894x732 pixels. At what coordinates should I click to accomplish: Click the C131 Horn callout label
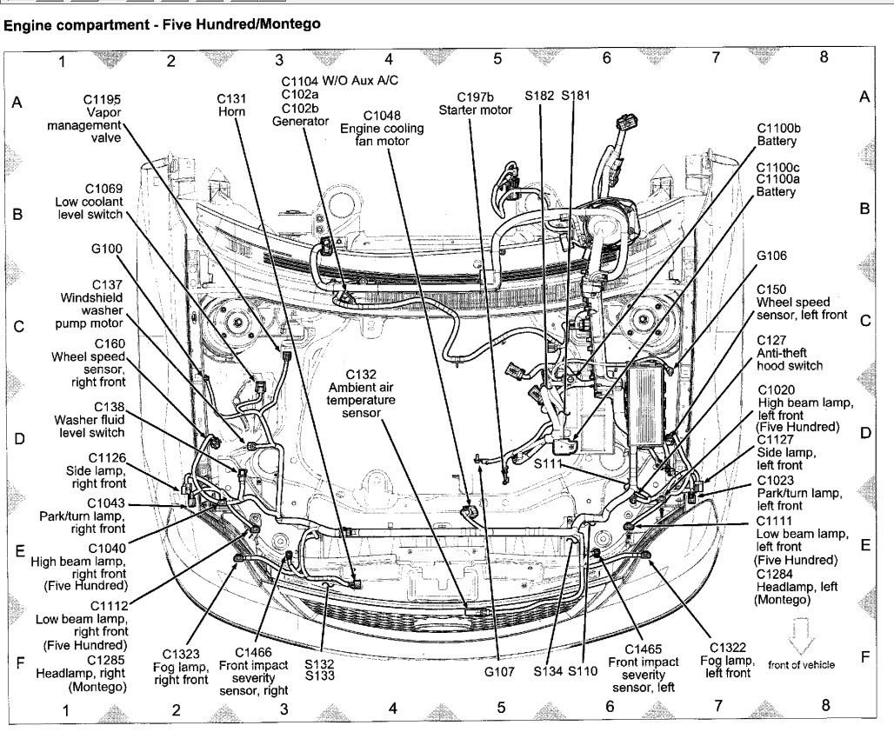pos(231,107)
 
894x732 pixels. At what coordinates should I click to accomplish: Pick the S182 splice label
pos(540,94)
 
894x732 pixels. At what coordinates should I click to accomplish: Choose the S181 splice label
pos(576,94)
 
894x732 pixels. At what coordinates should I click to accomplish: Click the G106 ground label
pos(771,256)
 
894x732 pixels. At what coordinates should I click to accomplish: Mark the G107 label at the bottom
pos(500,671)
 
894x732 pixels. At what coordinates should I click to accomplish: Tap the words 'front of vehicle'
pos(801,664)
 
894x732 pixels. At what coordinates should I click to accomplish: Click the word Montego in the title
pos(283,25)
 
